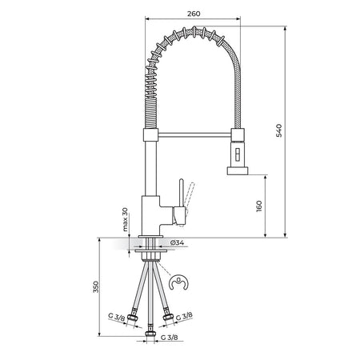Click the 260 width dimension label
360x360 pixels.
[194, 14]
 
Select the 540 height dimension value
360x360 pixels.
[278, 130]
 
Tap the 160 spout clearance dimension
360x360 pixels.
[259, 206]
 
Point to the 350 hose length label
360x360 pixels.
[96, 287]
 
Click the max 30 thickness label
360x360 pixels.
[125, 219]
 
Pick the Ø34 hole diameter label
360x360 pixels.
[177, 242]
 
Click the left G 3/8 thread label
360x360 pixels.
[117, 317]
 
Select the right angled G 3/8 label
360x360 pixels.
[184, 316]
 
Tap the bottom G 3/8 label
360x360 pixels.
[170, 338]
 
